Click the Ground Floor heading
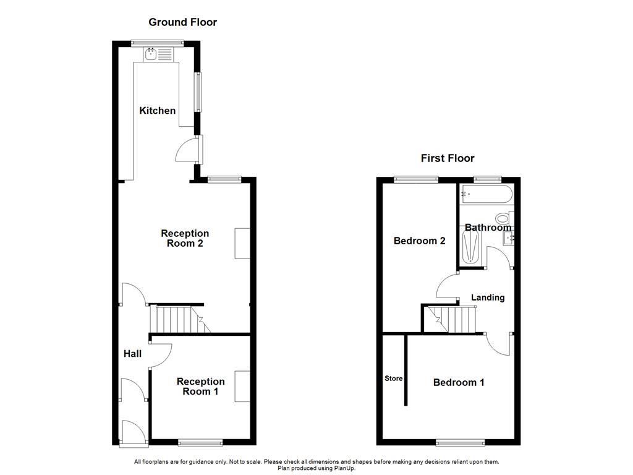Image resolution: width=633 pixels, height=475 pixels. point(182,22)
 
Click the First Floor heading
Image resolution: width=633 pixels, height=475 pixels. point(448,158)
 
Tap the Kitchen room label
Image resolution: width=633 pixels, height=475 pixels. point(157,111)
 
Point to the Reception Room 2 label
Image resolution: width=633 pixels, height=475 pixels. point(185,238)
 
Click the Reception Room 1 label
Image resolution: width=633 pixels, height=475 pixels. point(200,387)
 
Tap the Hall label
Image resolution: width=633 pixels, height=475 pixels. point(132,354)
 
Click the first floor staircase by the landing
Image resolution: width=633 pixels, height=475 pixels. point(452,319)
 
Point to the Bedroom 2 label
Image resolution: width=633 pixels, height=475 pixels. point(419,241)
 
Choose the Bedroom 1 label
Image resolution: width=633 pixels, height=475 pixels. point(459,382)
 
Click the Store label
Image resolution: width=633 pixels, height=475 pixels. point(393,379)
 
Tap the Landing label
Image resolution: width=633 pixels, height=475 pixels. point(488,297)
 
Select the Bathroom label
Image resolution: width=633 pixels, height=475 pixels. point(488,228)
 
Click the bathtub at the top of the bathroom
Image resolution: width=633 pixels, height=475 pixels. point(486,195)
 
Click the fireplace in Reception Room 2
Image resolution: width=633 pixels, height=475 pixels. point(242,243)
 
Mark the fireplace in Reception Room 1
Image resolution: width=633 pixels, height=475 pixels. point(242,387)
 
